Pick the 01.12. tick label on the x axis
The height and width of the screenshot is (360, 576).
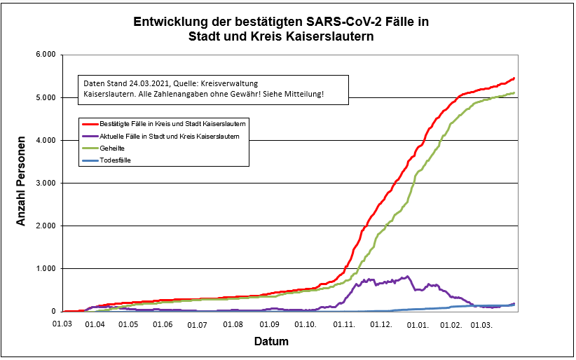point(380,325)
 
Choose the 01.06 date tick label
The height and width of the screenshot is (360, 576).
point(163,325)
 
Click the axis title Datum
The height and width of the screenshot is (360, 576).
point(270,342)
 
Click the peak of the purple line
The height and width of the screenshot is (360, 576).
point(408,276)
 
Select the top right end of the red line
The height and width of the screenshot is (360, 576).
point(514,78)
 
